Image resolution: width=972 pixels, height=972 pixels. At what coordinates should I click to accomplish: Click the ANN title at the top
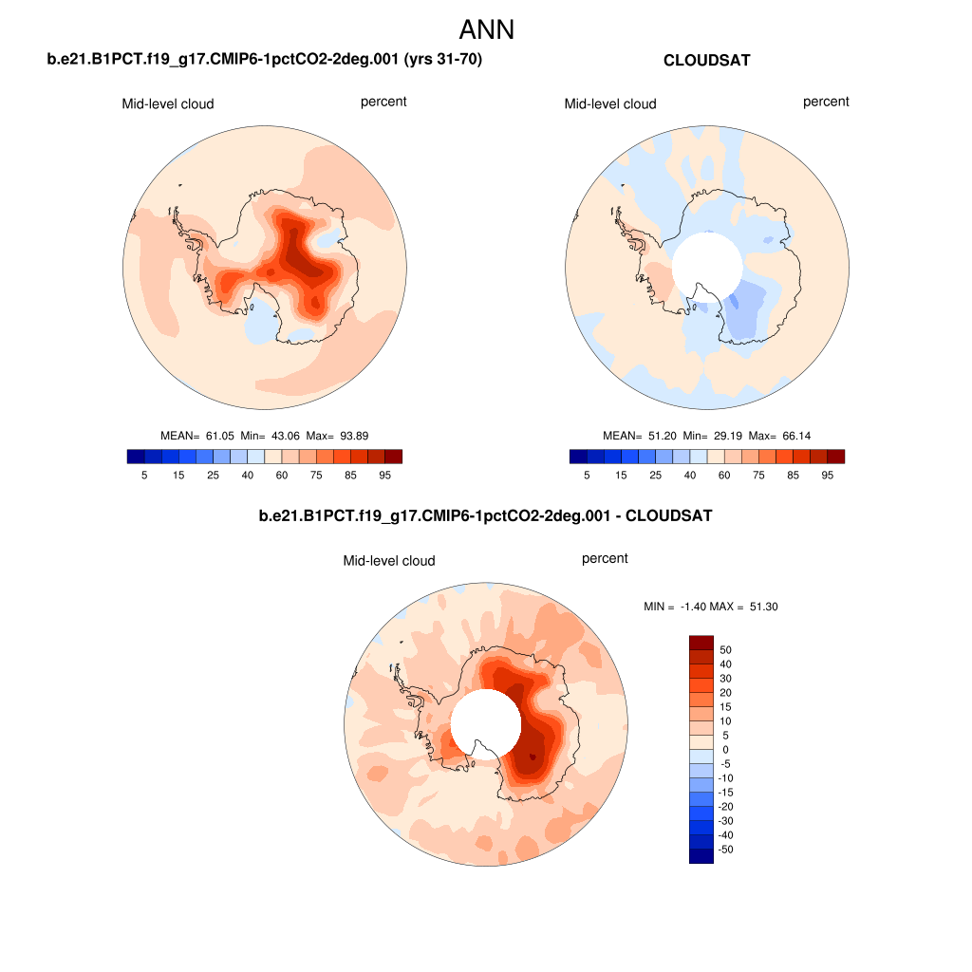pyautogui.click(x=486, y=29)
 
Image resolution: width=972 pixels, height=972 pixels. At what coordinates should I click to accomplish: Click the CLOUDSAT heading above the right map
pyautogui.click(x=706, y=61)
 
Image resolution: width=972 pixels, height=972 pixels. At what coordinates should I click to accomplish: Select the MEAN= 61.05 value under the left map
pyautogui.click(x=200, y=436)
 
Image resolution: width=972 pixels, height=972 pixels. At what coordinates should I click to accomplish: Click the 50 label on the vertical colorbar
pyautogui.click(x=726, y=650)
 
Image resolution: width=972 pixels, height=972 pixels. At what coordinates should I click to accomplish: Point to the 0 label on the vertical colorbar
pyautogui.click(x=726, y=750)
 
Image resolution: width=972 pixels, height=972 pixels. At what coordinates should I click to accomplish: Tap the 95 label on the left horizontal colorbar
pyautogui.click(x=384, y=475)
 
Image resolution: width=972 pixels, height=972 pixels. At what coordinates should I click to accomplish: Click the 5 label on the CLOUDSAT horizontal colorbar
pyautogui.click(x=587, y=475)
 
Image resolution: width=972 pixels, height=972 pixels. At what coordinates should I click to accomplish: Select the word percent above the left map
pyautogui.click(x=383, y=102)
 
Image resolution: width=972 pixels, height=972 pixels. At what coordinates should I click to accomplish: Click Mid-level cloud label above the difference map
pyautogui.click(x=389, y=561)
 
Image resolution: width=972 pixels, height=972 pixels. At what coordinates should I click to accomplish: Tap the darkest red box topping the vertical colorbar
pyautogui.click(x=701, y=643)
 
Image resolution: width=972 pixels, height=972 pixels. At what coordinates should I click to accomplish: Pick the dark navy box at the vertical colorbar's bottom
pyautogui.click(x=701, y=856)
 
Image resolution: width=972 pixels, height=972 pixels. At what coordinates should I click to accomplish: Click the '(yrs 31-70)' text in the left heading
pyautogui.click(x=443, y=61)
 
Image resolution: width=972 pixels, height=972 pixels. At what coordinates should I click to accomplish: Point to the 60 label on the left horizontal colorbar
pyautogui.click(x=280, y=475)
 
